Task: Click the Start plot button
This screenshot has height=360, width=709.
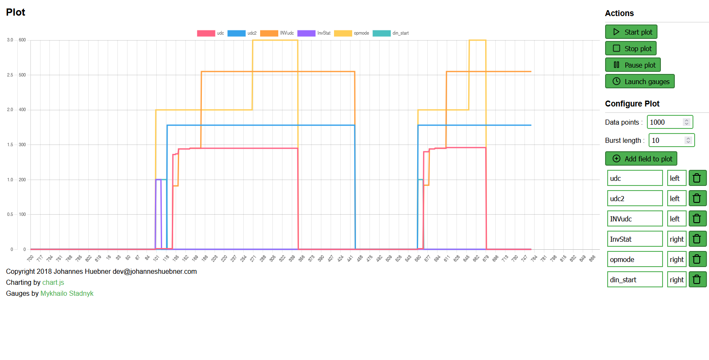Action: (631, 32)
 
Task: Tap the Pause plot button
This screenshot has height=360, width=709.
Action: (633, 65)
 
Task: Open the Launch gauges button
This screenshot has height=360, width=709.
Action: (640, 82)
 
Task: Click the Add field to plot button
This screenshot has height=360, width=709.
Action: (641, 159)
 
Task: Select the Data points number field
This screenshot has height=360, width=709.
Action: (666, 122)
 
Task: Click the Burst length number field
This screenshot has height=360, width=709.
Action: (667, 140)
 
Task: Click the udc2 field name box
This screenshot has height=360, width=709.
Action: (635, 199)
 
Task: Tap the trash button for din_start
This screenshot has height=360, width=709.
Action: (697, 280)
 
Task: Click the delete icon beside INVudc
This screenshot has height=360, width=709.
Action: (697, 219)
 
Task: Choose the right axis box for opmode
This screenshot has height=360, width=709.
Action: (676, 259)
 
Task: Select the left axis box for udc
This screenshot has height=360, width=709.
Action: (676, 178)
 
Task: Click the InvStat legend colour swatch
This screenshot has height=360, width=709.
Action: (306, 33)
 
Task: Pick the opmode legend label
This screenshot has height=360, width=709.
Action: (361, 33)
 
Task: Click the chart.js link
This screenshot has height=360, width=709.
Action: (53, 283)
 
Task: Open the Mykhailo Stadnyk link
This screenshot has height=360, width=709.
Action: (67, 294)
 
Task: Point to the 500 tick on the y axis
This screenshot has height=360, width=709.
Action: (22, 75)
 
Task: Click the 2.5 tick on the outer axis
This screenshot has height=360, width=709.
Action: (10, 75)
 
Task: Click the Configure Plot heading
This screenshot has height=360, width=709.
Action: (632, 104)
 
